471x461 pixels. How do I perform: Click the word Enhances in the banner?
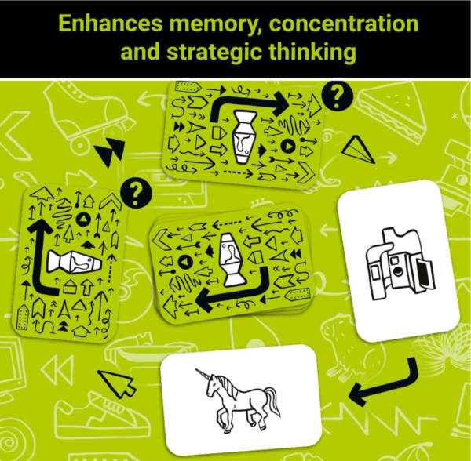[110, 23]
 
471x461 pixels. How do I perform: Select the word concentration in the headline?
[344, 24]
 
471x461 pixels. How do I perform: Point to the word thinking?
[312, 53]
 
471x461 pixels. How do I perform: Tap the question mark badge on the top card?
[337, 96]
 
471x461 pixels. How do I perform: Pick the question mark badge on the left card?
[136, 193]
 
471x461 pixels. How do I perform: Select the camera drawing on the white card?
[400, 264]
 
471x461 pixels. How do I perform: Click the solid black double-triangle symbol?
[110, 151]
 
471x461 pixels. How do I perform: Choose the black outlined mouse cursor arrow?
[117, 383]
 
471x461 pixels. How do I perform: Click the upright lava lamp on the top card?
[245, 137]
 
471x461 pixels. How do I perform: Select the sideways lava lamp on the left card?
[74, 262]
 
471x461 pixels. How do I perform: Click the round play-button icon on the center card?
[185, 262]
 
